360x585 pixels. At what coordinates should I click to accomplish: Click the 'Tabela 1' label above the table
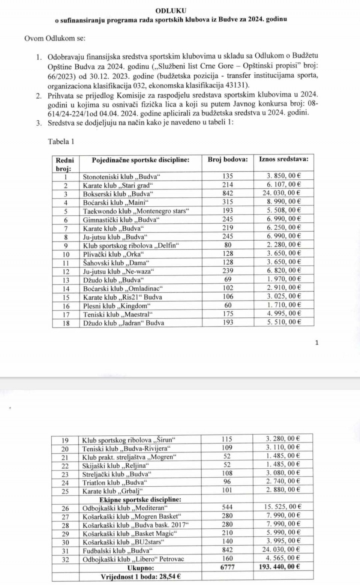(61, 141)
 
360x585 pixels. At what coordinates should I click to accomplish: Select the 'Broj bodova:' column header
(228, 159)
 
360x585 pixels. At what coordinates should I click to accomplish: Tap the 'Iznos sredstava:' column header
(283, 159)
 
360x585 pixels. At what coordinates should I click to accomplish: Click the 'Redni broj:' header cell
(65, 164)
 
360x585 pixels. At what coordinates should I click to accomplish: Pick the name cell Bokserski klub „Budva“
(118, 194)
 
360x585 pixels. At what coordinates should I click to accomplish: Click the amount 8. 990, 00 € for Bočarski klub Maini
(283, 202)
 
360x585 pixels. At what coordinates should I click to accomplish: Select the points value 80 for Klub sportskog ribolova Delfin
(228, 245)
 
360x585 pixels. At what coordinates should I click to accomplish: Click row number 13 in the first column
(66, 280)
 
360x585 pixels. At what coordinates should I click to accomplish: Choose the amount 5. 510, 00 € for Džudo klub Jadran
(283, 322)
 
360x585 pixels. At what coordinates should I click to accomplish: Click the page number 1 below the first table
(317, 342)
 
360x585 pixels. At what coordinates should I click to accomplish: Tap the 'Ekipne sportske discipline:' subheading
(140, 499)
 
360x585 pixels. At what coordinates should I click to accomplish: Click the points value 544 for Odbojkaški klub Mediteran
(227, 507)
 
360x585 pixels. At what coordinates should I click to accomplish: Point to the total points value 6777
(227, 567)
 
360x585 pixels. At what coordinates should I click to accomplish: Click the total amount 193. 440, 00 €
(279, 567)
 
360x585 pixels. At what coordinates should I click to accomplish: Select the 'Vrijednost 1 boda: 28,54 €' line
(141, 576)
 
